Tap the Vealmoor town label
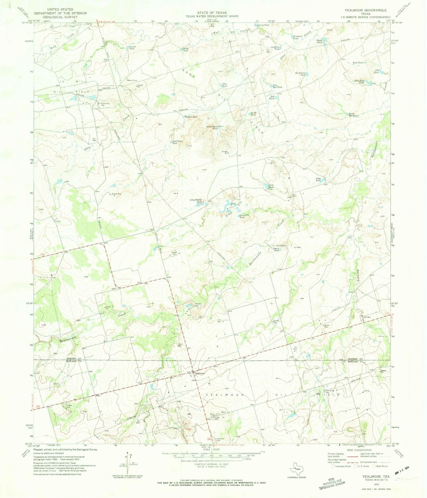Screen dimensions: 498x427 point(199,373)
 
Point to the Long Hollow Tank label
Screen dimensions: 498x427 point(196,201)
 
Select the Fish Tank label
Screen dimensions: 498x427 point(271,186)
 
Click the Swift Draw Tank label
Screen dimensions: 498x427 point(212,128)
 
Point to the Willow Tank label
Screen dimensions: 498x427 point(191,117)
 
